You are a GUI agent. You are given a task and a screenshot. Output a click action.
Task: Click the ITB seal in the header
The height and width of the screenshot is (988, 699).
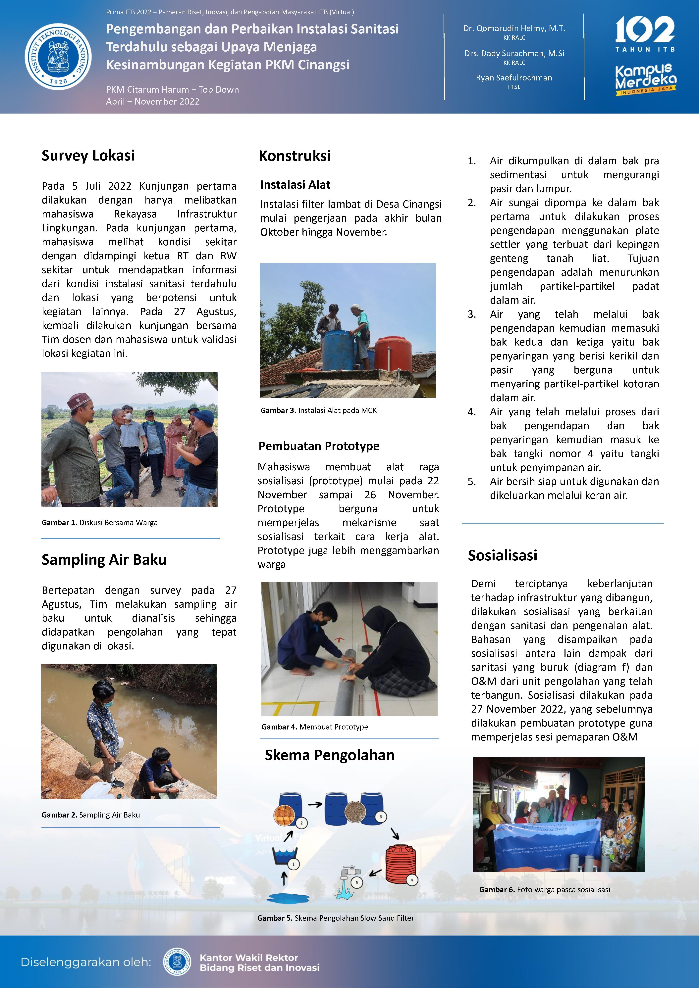click(x=58, y=56)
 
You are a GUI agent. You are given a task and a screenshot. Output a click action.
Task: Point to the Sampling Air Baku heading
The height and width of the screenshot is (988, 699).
click(x=104, y=559)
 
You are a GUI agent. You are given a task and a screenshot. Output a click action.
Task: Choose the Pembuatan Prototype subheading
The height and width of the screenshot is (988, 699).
click(x=319, y=446)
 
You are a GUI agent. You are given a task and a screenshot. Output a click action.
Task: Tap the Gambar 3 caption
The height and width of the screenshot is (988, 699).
click(x=318, y=410)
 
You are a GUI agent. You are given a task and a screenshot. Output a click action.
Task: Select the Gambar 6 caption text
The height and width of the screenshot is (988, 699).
click(x=545, y=889)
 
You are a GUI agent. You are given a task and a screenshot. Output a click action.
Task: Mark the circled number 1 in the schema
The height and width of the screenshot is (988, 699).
click(x=294, y=864)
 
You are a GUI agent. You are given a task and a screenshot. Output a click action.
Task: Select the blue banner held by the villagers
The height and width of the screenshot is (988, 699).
click(x=547, y=846)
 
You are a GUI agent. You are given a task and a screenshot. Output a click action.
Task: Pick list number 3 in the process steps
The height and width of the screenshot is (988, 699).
click(x=472, y=314)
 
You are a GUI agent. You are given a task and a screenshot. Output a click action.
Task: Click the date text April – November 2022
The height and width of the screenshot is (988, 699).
click(x=153, y=102)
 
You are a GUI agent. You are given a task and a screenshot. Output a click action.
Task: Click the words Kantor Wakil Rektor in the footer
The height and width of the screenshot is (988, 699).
click(x=249, y=958)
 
